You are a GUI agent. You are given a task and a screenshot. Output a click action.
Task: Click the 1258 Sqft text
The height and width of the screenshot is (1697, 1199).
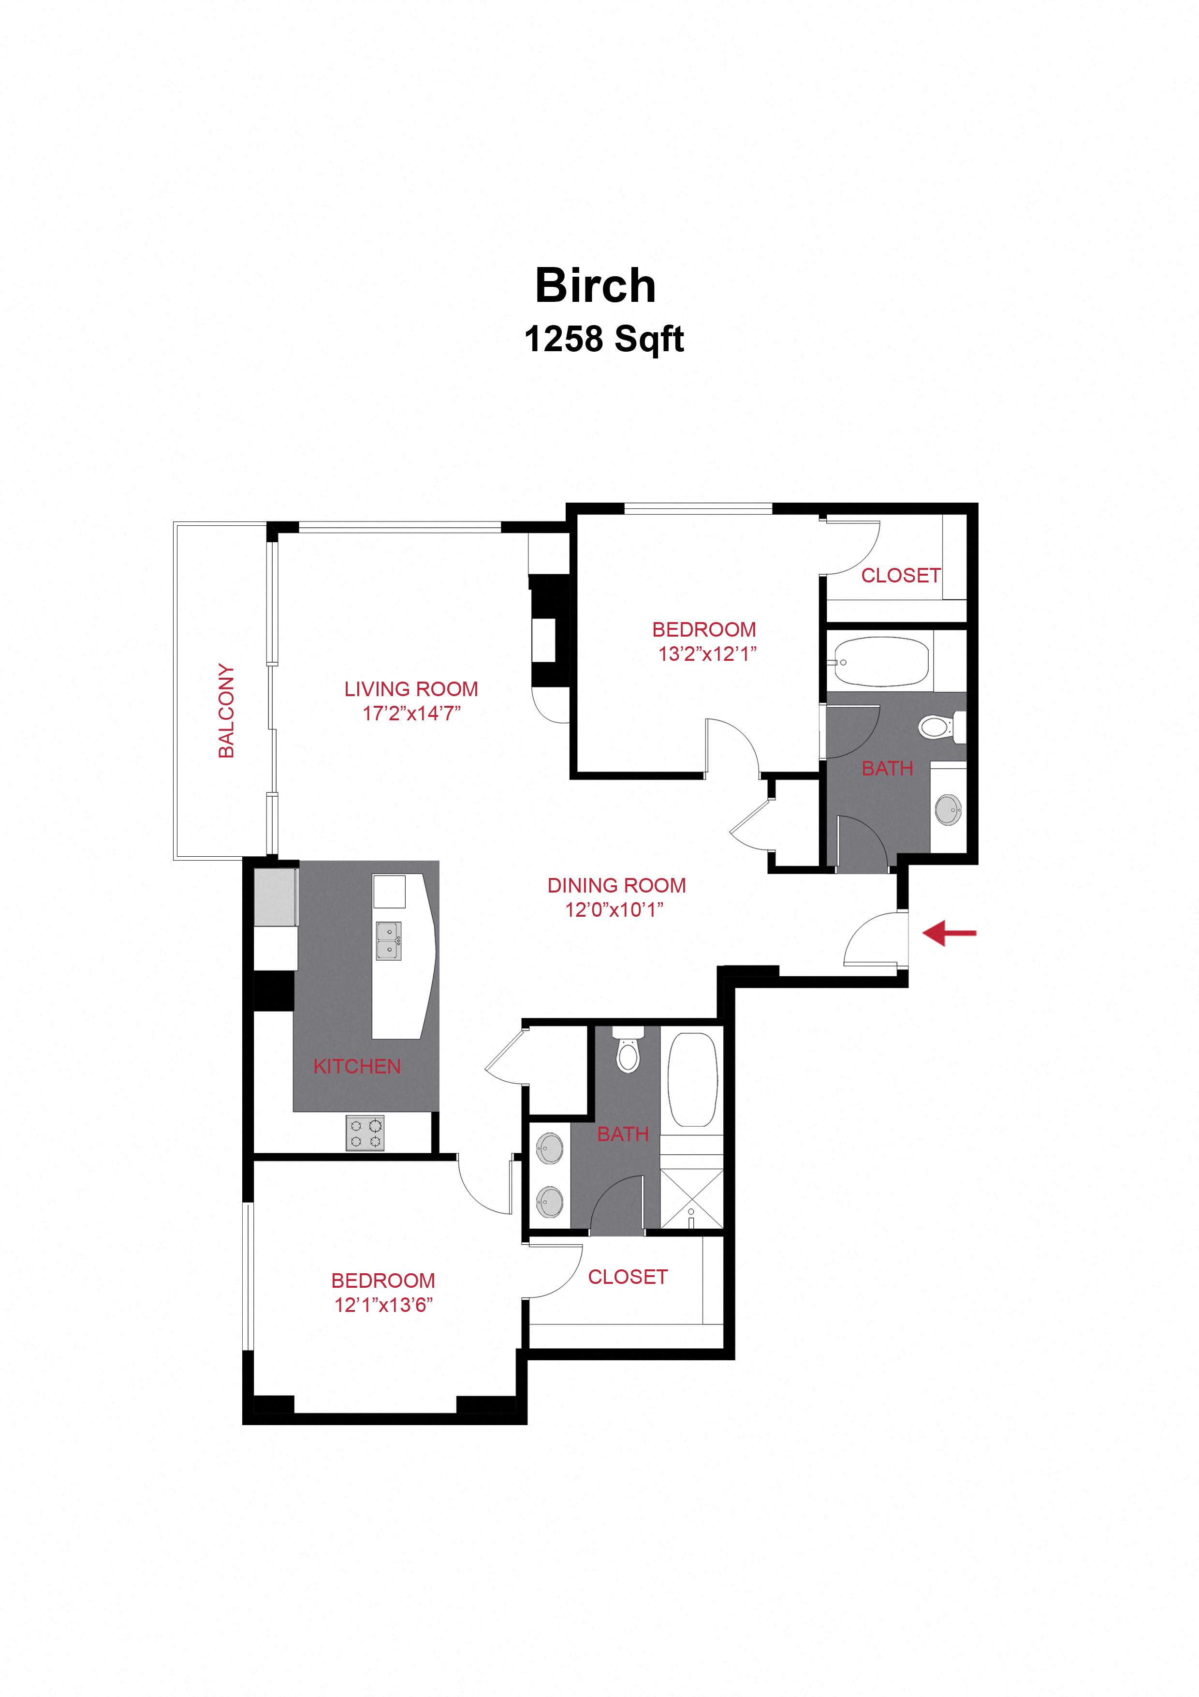click(603, 339)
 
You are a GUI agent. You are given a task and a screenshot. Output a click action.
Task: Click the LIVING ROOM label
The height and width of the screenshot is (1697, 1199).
click(411, 689)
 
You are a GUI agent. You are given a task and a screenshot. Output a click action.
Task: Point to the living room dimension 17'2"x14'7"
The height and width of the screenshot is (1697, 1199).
click(411, 713)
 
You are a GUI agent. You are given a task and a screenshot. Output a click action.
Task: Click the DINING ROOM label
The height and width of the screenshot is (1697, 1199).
click(616, 885)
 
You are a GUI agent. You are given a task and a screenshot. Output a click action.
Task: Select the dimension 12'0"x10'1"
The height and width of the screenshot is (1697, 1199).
click(614, 910)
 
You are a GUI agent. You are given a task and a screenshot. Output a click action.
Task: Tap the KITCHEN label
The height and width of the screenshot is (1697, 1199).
click(357, 1067)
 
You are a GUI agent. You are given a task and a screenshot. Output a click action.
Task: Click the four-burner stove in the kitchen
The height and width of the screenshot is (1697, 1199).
click(365, 1133)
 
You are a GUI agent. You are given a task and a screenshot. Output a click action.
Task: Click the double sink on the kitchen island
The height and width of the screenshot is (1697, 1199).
click(389, 941)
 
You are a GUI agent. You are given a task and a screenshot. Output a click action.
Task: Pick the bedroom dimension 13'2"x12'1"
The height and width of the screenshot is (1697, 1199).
click(707, 654)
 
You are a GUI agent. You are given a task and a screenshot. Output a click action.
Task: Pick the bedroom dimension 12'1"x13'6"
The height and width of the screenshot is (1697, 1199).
click(383, 1305)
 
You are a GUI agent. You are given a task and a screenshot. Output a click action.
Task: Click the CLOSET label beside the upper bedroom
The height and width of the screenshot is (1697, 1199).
click(901, 575)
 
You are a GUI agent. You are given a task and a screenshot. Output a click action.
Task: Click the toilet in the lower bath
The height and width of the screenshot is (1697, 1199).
click(628, 1053)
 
